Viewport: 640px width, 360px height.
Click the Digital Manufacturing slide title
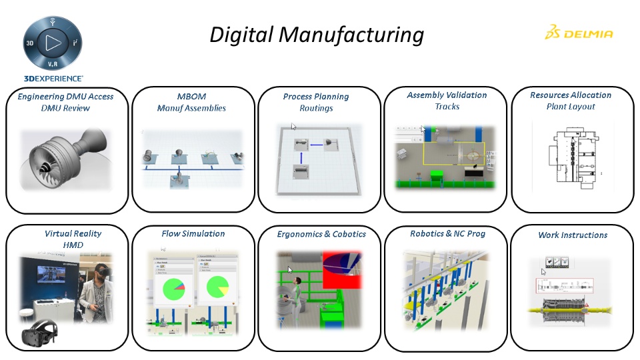click(x=317, y=34)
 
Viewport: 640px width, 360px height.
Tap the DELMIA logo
click(x=578, y=33)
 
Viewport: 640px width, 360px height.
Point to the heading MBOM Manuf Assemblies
click(x=191, y=101)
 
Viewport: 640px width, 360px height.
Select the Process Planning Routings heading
click(x=316, y=102)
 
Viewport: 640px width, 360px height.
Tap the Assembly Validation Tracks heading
click(x=447, y=100)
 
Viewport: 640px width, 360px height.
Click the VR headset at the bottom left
click(x=41, y=337)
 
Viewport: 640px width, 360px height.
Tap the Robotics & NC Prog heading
click(x=447, y=233)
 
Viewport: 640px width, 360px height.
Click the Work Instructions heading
click(x=573, y=235)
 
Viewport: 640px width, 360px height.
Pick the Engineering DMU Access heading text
click(x=65, y=96)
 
